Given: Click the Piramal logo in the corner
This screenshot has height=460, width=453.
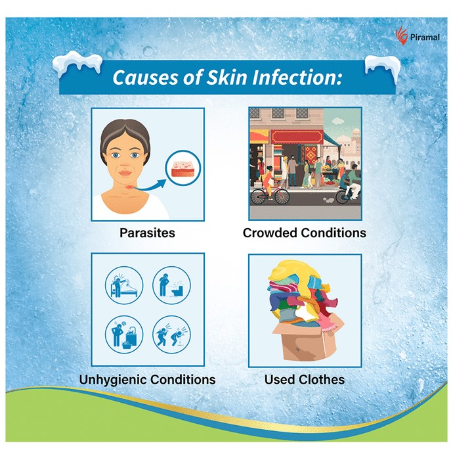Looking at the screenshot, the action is click(x=418, y=35).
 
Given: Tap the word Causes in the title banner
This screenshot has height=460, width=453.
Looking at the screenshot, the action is click(x=145, y=78).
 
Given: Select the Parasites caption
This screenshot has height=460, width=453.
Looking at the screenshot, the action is click(x=147, y=233).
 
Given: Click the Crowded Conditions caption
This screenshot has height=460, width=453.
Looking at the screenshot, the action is click(x=305, y=233).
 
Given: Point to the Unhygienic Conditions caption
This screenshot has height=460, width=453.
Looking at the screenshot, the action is click(x=147, y=379).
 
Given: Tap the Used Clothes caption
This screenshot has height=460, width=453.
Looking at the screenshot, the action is click(x=305, y=379).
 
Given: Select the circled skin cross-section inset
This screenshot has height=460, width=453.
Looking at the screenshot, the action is click(x=183, y=168).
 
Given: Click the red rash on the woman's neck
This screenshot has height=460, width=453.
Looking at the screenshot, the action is click(x=129, y=187).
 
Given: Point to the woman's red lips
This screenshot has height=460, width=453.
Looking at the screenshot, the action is click(x=125, y=173).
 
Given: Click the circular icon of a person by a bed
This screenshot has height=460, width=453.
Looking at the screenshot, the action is click(x=124, y=285).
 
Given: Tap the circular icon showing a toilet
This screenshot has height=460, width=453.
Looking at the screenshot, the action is click(x=172, y=285).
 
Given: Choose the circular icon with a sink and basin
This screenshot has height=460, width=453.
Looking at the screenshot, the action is click(x=124, y=334).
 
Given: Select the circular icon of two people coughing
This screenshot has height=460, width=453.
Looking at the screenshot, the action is click(x=172, y=334).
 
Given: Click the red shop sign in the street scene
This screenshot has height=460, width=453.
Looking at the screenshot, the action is click(x=297, y=137).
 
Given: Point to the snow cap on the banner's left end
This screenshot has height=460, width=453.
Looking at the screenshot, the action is click(x=77, y=62).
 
